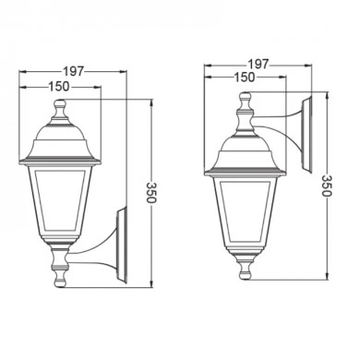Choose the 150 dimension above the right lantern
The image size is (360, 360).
[x=244, y=78]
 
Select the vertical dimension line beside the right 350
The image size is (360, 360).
[x=324, y=138]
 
